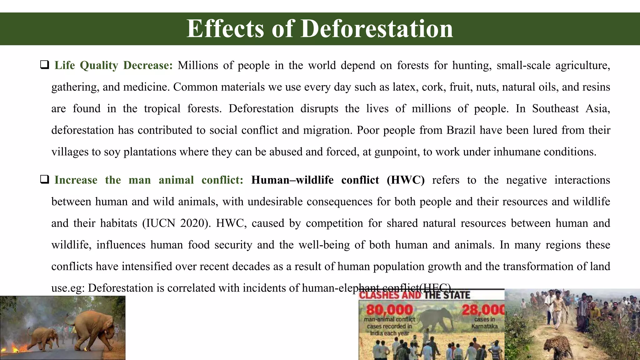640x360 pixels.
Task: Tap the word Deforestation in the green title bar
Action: [x=377, y=29]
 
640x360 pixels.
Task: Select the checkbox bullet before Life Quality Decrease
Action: [x=44, y=65]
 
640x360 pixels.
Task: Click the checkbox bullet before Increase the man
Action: [x=44, y=180]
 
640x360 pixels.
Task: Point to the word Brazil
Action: [x=461, y=130]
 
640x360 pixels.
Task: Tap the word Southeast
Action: [x=555, y=108]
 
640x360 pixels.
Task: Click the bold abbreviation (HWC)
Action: [x=405, y=180]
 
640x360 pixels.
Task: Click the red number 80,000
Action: [x=389, y=310]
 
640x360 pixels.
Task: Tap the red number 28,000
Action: [x=483, y=310]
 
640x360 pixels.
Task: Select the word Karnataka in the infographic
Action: [x=484, y=326]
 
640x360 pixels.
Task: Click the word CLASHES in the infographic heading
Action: [x=390, y=295]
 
